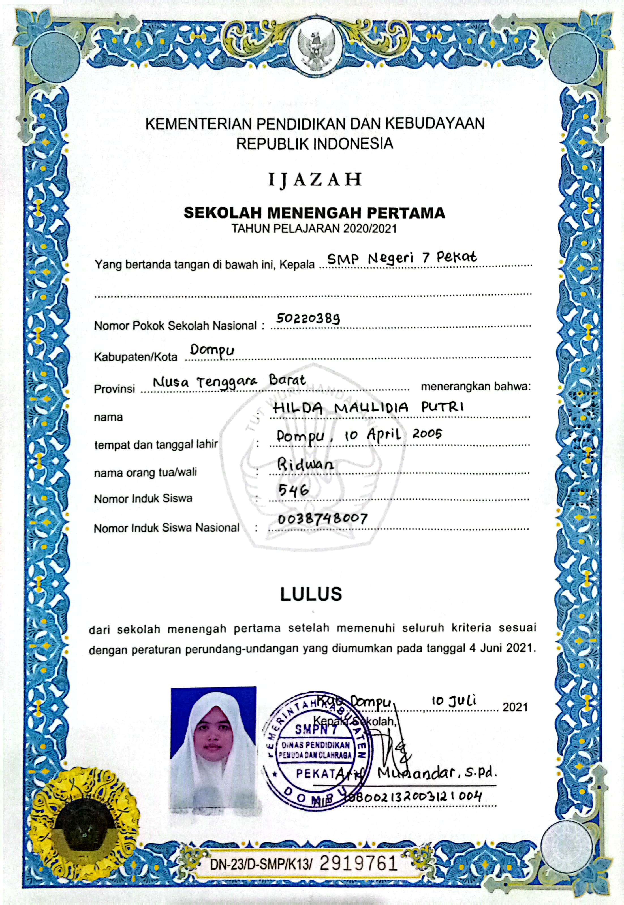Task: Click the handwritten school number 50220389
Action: pos(308,319)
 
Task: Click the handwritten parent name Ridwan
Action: pos(305,464)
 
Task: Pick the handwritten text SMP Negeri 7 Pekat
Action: pos(402,258)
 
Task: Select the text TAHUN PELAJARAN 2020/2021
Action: pos(314,229)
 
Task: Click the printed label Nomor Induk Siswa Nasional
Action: pos(166,528)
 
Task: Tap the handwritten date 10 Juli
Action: pos(454,701)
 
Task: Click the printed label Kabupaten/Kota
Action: pos(135,357)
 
